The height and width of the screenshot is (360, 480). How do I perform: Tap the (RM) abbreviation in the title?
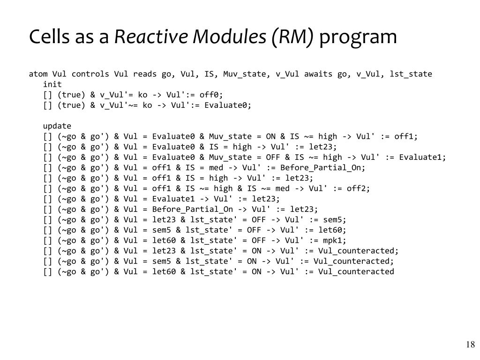292,37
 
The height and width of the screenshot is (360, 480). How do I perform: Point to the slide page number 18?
470,345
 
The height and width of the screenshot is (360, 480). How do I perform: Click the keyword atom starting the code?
38,74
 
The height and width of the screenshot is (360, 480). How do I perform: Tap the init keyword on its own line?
52,84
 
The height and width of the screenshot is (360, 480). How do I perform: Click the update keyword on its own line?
57,126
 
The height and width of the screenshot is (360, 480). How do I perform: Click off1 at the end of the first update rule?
405,136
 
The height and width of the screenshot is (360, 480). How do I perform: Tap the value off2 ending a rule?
358,188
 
